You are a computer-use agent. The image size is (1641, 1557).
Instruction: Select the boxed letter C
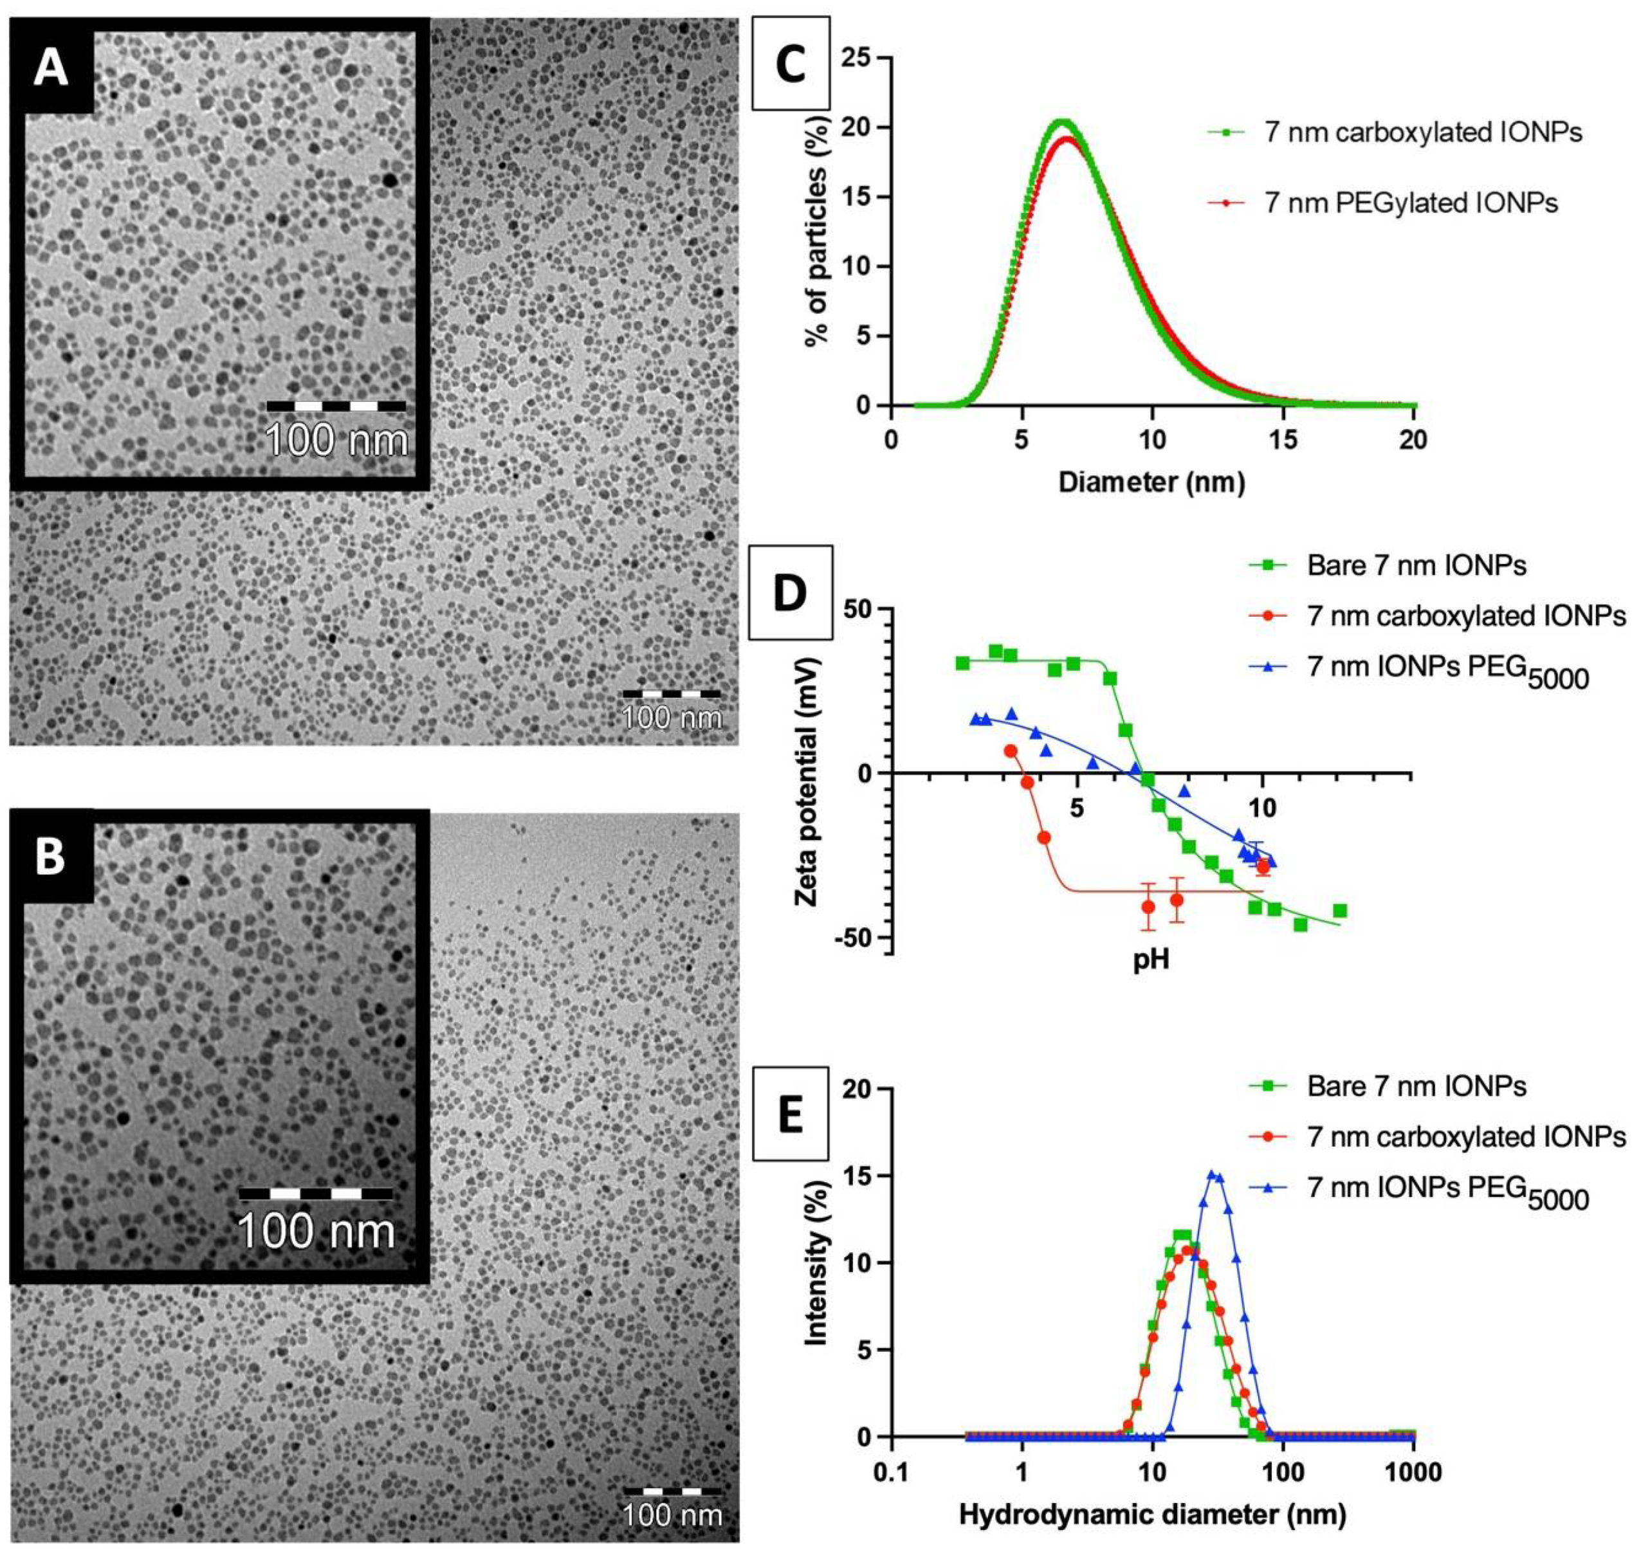pyautogui.click(x=789, y=66)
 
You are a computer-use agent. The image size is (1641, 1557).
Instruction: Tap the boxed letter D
pyautogui.click(x=789, y=594)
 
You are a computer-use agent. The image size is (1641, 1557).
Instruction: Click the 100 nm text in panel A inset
pyautogui.click(x=337, y=439)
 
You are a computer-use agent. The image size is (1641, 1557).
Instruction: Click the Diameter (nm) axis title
pyautogui.click(x=1151, y=481)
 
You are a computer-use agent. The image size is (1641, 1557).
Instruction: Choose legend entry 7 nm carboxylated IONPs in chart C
pyautogui.click(x=1423, y=132)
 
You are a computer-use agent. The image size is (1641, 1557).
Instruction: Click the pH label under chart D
pyautogui.click(x=1151, y=960)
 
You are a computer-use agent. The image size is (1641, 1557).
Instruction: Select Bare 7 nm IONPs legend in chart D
pyautogui.click(x=1416, y=566)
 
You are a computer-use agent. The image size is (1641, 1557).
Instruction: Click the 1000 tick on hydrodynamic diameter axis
pyautogui.click(x=1413, y=1472)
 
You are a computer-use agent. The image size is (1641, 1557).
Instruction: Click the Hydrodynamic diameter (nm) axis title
pyautogui.click(x=1151, y=1515)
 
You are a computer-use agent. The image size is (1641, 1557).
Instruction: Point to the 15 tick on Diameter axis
pyautogui.click(x=1283, y=439)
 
